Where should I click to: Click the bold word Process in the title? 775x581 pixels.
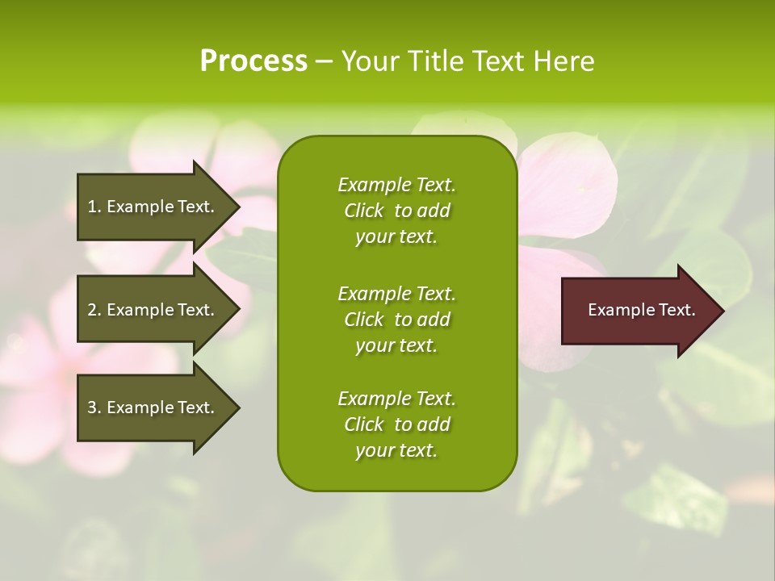(253, 61)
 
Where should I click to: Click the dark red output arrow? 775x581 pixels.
(638, 311)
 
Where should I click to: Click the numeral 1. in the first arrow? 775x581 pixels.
(94, 207)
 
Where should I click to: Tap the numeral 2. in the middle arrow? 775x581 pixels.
(94, 310)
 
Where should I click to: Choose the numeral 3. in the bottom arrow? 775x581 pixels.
(94, 408)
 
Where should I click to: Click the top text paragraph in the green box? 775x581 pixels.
(396, 211)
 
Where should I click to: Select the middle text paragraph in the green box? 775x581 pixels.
(396, 319)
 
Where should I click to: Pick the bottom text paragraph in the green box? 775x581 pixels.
(396, 424)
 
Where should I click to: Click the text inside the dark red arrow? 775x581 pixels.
(641, 310)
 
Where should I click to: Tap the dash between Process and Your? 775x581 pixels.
(324, 61)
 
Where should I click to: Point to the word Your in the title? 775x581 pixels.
(371, 61)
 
